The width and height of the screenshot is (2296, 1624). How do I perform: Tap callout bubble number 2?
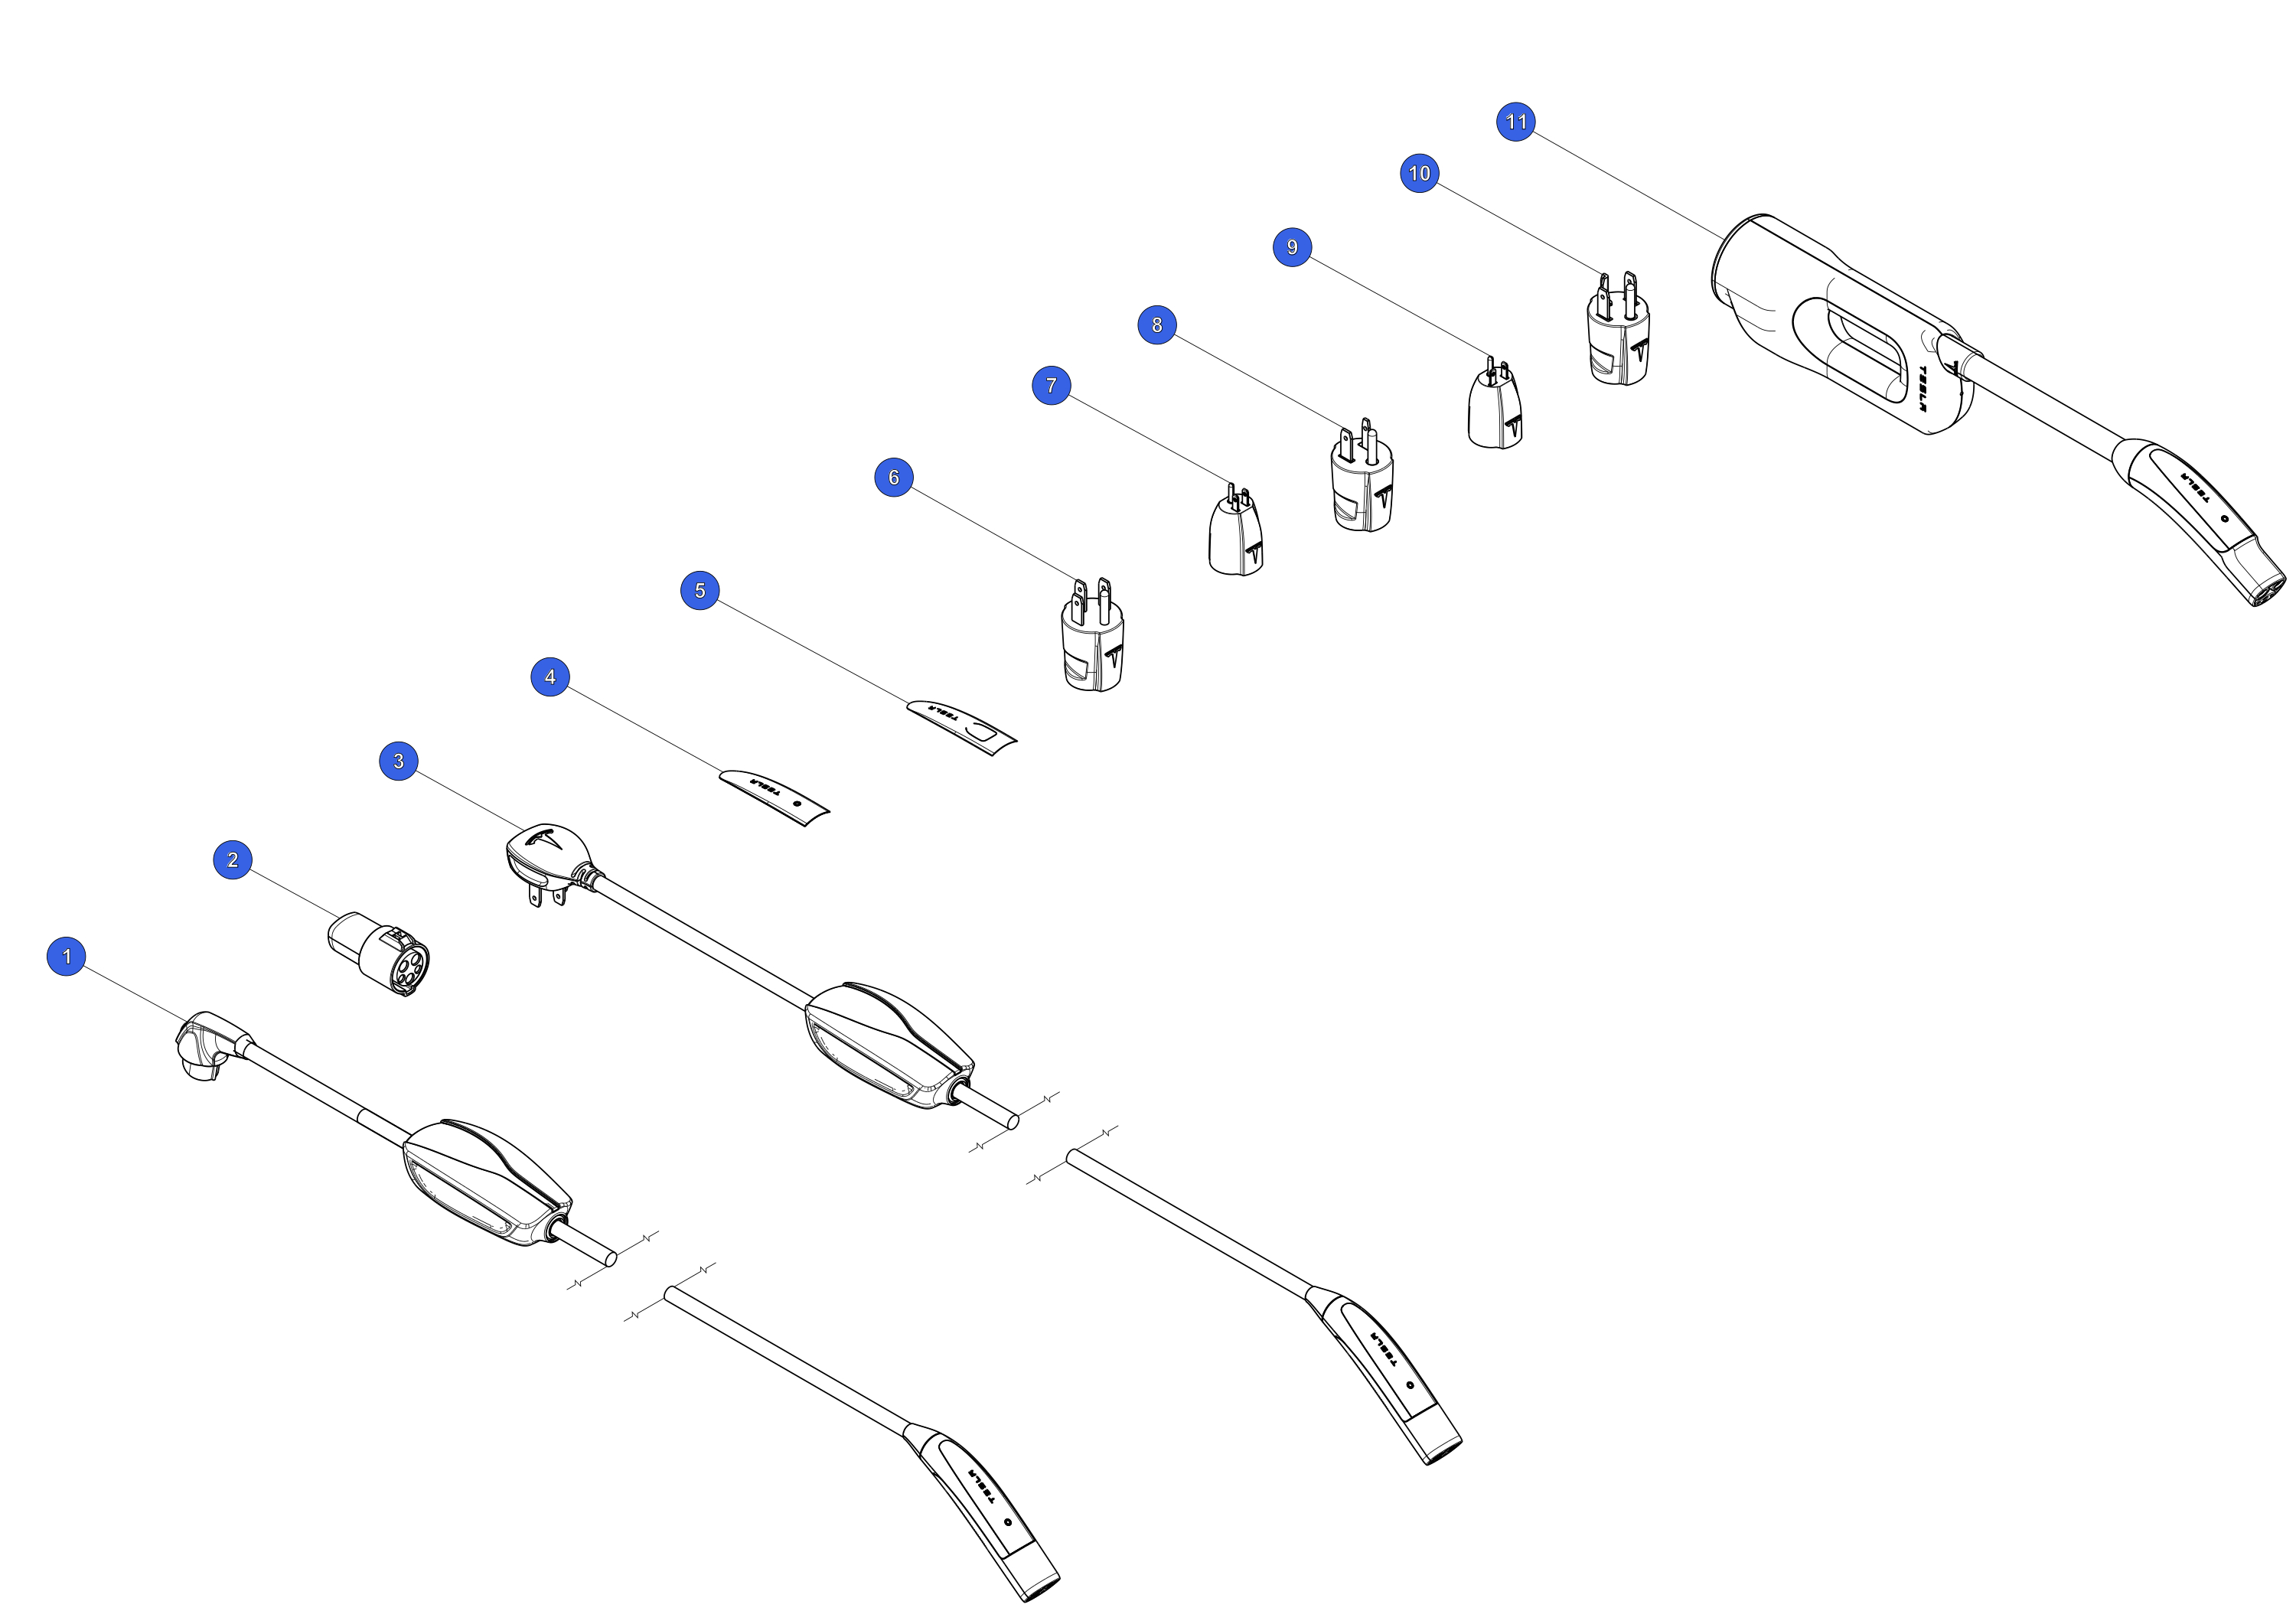(233, 860)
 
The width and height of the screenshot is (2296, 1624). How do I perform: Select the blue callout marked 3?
(399, 761)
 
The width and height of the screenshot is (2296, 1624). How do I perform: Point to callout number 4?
(550, 677)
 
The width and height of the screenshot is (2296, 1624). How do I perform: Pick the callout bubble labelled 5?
(700, 590)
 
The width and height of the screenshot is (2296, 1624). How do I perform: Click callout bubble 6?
(894, 477)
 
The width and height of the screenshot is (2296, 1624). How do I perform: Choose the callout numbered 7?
(1051, 385)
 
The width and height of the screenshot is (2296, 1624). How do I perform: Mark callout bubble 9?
(1292, 247)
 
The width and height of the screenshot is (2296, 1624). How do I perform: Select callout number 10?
(1419, 173)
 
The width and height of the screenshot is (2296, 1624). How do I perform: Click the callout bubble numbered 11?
(1516, 122)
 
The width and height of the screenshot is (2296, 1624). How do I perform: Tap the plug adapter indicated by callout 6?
(1092, 636)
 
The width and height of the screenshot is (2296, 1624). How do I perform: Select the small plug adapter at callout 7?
(1236, 531)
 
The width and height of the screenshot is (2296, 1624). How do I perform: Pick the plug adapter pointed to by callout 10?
(1618, 330)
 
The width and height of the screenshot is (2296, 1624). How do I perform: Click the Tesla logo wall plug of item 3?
(547, 860)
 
